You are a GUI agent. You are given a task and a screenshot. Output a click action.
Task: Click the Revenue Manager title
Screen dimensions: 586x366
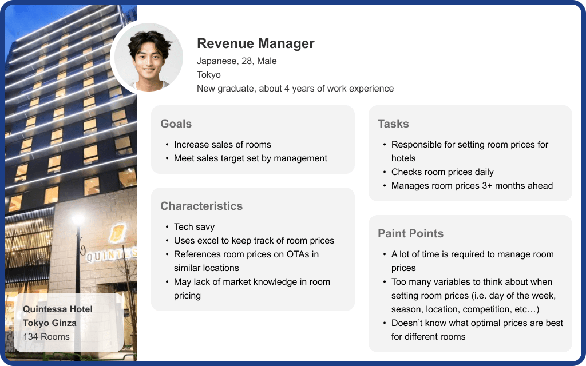(x=256, y=43)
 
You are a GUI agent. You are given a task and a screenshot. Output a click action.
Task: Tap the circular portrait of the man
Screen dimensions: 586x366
(x=148, y=58)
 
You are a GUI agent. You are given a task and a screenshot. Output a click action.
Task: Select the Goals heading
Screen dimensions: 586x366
(x=176, y=124)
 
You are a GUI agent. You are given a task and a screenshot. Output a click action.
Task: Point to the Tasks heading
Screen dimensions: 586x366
(x=393, y=124)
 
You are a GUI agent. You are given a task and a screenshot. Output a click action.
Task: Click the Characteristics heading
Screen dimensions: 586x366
(x=201, y=206)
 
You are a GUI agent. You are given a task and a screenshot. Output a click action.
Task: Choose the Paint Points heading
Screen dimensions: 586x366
(x=410, y=233)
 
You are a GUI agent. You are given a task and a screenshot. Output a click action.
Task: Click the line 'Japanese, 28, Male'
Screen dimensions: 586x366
(x=236, y=61)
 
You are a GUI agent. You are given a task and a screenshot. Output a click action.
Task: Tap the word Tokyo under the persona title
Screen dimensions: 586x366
(x=209, y=75)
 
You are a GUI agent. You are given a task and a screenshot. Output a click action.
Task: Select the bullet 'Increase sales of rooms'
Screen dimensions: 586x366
(x=223, y=145)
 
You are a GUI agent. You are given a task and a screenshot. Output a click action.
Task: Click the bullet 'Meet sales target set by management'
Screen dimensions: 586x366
(x=251, y=158)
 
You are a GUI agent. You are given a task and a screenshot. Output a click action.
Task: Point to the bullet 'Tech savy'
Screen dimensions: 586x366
(x=195, y=227)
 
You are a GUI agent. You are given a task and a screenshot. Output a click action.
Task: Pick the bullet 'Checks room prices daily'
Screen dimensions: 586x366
(x=442, y=172)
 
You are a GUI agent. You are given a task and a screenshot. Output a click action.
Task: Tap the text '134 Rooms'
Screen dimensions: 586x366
(x=46, y=337)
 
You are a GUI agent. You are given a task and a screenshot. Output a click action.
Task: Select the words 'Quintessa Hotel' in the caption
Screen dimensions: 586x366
(x=58, y=309)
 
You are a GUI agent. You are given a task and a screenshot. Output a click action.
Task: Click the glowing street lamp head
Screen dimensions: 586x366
(x=78, y=220)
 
